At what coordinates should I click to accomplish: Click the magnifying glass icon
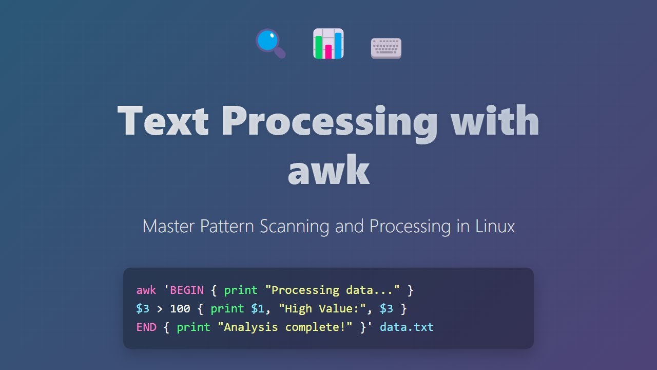(269, 43)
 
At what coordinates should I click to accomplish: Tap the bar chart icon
(328, 44)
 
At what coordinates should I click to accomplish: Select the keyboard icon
(386, 48)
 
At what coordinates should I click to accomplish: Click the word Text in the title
(163, 121)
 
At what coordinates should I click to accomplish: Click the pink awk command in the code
(146, 290)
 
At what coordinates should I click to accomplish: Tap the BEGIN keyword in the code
(187, 290)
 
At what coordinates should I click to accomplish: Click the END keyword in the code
(146, 327)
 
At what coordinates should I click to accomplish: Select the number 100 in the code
(180, 308)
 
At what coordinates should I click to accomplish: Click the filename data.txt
(407, 327)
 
